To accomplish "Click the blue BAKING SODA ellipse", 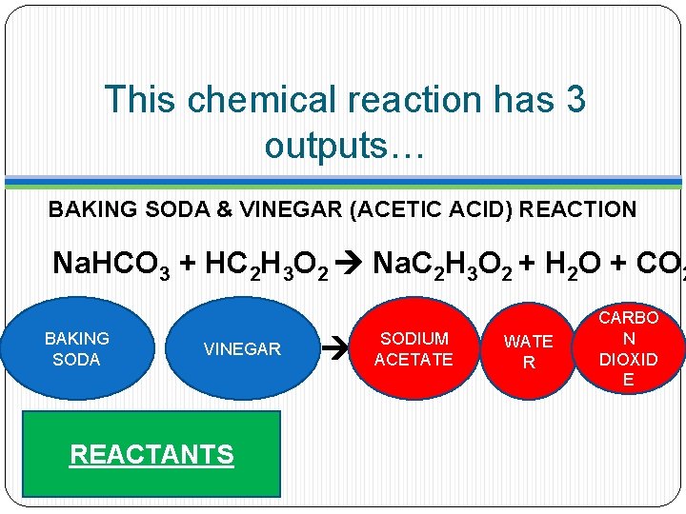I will pos(76,348).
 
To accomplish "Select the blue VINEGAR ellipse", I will pos(242,349).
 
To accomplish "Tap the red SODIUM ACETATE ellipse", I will pos(414,349).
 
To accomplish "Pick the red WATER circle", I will pos(528,351).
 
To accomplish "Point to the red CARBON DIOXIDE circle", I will pos(628,348).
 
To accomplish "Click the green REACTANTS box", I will pos(151,454).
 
